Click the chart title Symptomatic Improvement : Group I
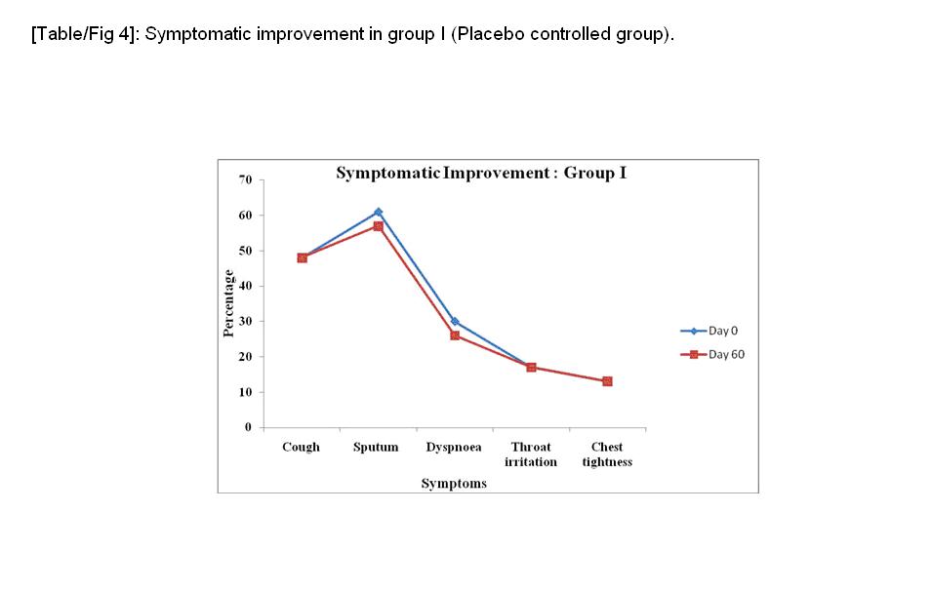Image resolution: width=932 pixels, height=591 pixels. (480, 174)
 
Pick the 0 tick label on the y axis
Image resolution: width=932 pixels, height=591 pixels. (248, 427)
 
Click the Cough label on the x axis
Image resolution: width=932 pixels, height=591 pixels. (301, 448)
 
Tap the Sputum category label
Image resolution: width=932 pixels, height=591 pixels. (376, 448)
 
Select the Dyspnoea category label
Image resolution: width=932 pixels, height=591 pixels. (454, 448)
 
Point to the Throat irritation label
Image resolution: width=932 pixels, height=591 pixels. (531, 454)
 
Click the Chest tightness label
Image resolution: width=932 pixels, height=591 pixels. (607, 454)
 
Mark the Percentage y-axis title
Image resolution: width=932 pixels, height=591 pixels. (228, 303)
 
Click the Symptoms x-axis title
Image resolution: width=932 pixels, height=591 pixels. (454, 484)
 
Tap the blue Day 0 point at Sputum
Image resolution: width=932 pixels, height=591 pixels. (378, 212)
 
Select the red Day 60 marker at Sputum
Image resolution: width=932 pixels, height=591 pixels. (378, 226)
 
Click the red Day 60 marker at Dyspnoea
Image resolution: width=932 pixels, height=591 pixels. (455, 335)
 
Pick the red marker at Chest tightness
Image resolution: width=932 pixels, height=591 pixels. (607, 381)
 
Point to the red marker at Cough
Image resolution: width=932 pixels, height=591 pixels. (303, 257)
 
